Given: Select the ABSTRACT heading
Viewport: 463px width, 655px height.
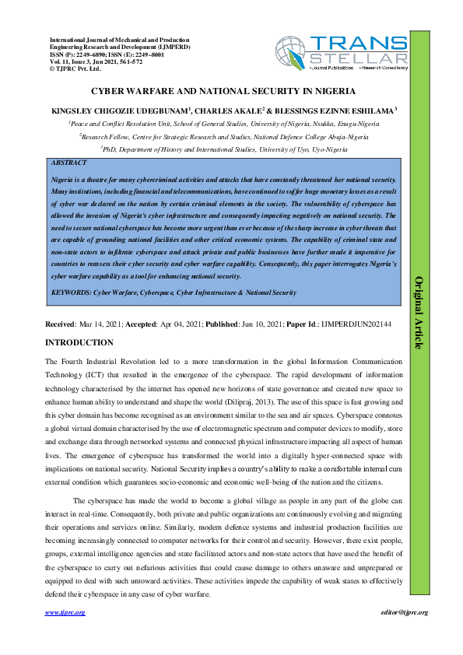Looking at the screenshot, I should coord(68,164).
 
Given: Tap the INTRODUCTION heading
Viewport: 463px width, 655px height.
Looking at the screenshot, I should coord(79,342).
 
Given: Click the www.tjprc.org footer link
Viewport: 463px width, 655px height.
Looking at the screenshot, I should coord(65,612).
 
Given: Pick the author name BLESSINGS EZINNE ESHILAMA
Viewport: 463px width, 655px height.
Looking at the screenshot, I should coord(339,110).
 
